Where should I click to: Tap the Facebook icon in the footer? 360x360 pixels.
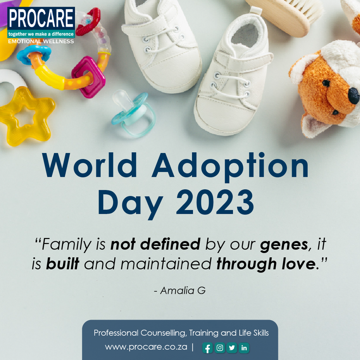(207, 348)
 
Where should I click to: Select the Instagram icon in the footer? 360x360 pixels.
(220, 348)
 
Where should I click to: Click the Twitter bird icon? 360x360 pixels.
(232, 348)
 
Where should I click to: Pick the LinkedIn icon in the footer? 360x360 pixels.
(244, 348)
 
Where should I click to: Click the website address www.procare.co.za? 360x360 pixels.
(146, 347)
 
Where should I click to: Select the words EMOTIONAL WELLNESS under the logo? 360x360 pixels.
(41, 41)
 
